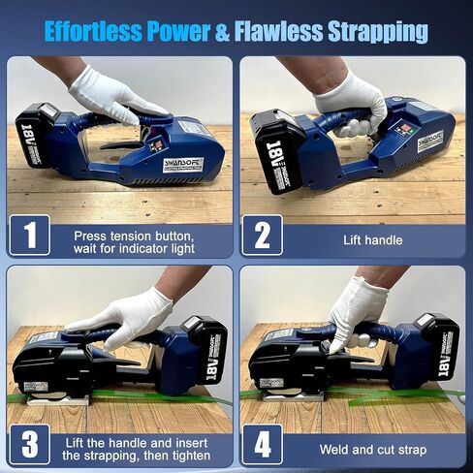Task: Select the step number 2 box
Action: pyautogui.click(x=262, y=235)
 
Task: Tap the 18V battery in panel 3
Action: pyautogui.click(x=205, y=348)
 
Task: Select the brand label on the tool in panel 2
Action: pyautogui.click(x=429, y=142)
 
